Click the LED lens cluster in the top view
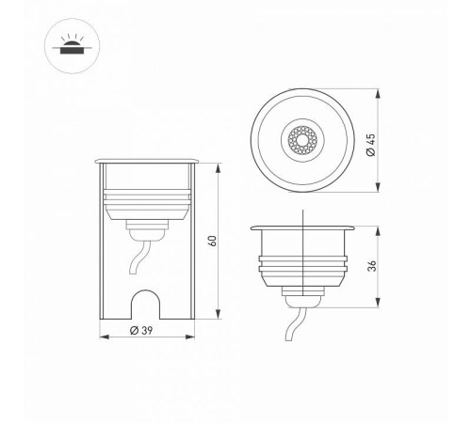coord(303,142)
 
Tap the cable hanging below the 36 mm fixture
coord(293,329)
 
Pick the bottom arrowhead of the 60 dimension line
coord(219,315)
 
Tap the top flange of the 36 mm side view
coord(302,227)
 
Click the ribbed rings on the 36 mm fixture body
coord(302,266)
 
